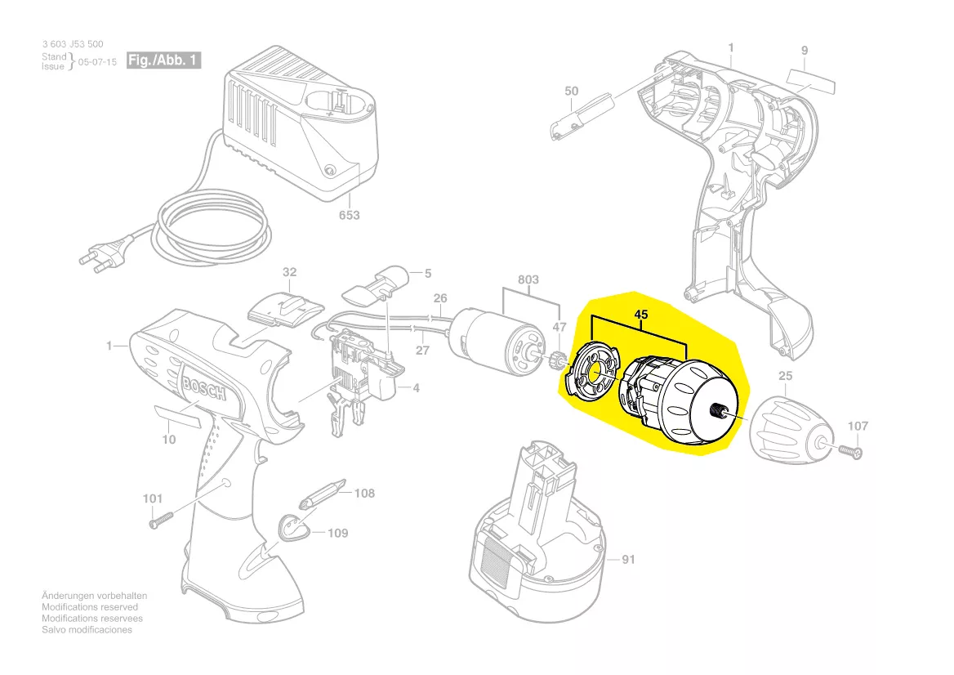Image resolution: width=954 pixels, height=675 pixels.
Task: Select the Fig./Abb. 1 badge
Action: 163,61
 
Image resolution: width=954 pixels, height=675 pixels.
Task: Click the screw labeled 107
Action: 849,449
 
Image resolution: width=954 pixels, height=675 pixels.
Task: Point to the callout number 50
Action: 571,91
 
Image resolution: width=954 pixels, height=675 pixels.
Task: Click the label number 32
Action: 290,271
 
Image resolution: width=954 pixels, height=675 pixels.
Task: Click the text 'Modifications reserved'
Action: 90,607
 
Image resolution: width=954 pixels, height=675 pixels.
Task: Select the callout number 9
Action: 805,51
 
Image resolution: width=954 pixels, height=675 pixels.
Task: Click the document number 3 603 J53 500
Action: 73,44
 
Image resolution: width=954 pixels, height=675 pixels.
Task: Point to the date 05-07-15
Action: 96,61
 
